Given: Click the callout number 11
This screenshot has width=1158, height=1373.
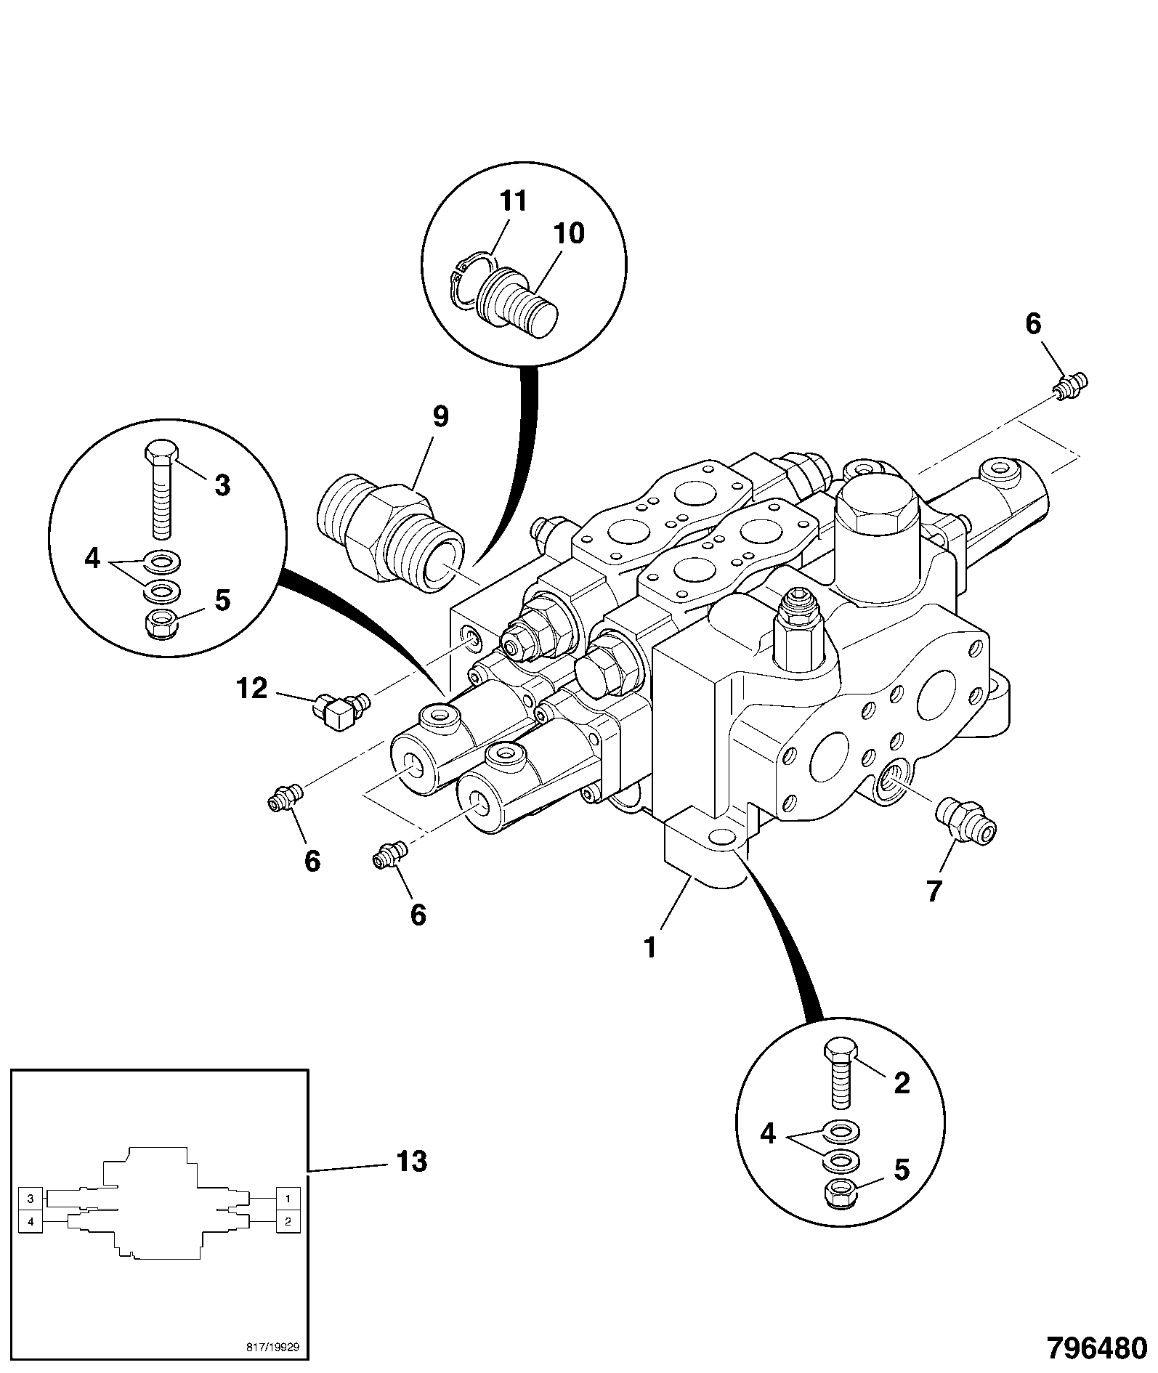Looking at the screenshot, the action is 514,201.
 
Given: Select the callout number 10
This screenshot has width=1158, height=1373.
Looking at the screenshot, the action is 569,233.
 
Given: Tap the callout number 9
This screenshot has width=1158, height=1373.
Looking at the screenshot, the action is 440,417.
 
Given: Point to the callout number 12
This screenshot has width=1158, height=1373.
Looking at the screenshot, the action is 252,688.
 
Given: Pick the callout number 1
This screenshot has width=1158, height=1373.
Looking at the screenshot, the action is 650,947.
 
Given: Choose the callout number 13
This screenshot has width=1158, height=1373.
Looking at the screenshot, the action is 412,1161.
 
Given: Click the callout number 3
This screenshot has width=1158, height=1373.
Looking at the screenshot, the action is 222,485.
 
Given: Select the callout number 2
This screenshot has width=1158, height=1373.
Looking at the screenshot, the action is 901,1083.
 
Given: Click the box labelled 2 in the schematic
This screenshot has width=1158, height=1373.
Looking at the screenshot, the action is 288,1222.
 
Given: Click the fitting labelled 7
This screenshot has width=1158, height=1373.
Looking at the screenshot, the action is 965,821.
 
